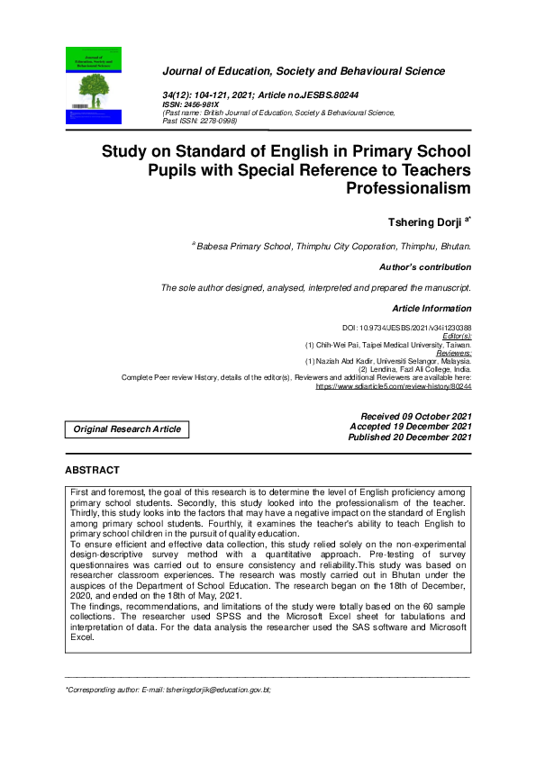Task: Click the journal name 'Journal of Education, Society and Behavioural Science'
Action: (x=303, y=70)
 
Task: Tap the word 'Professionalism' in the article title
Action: (x=408, y=188)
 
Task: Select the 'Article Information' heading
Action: (x=432, y=309)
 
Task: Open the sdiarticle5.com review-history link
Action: (x=393, y=385)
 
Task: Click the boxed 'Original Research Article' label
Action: (x=127, y=429)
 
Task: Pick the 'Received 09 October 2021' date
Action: (x=415, y=415)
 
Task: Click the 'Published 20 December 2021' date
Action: (x=410, y=437)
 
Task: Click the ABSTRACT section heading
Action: (x=92, y=471)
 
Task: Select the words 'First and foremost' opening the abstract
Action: (x=104, y=494)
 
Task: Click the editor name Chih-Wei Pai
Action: (x=341, y=345)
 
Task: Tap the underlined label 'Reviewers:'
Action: (x=451, y=353)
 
